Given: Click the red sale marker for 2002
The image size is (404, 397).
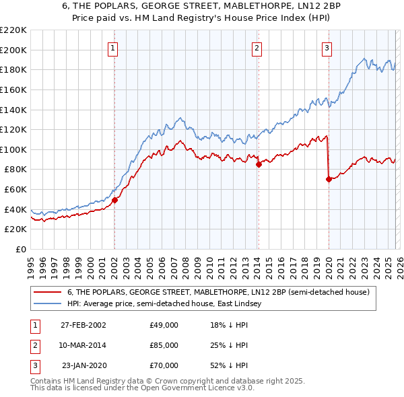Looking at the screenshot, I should (x=114, y=200).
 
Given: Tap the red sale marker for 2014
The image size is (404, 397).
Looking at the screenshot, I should (x=259, y=164).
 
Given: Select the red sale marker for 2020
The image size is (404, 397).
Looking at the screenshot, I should (x=329, y=179).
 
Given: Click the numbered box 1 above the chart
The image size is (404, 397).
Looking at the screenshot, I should (x=112, y=48).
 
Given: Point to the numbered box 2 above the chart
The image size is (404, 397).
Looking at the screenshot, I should (x=257, y=48).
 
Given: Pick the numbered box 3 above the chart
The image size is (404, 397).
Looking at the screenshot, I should (x=327, y=48).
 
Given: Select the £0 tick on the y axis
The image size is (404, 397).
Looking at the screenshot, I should (x=20, y=249).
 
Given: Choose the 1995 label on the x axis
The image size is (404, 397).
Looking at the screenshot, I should (x=31, y=264).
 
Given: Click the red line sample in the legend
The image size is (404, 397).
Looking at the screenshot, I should (x=47, y=293).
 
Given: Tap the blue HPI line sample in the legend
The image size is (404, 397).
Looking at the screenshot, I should (x=47, y=304).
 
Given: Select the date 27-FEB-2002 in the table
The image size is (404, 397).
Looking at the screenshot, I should (x=83, y=325).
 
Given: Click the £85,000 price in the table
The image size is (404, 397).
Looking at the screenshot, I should (x=164, y=345).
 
